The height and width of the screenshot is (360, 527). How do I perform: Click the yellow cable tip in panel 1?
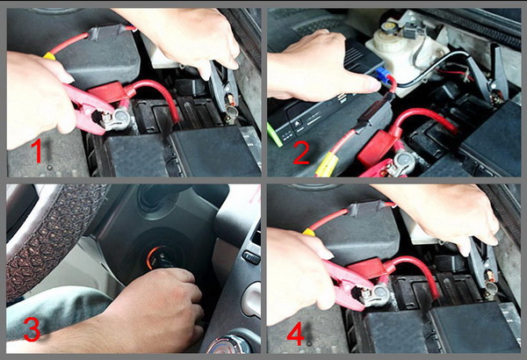tap(49, 56)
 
